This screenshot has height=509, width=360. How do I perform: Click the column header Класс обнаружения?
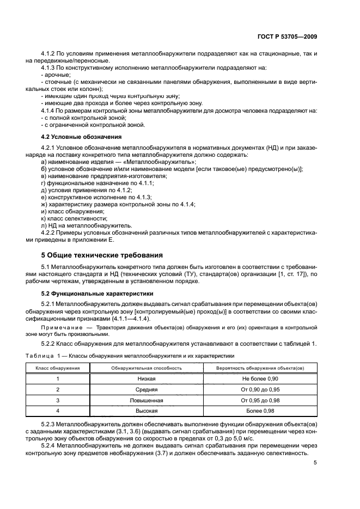[x=58, y=369]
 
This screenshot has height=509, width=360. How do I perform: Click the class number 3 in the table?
[x=58, y=400]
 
